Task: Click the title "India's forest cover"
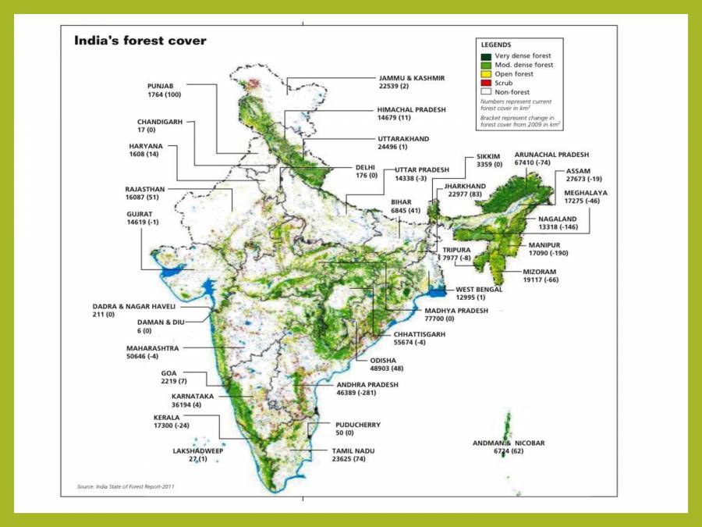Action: coord(140,40)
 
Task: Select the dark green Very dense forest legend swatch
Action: coord(486,55)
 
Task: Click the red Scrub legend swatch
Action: coord(486,83)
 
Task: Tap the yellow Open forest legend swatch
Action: coord(486,73)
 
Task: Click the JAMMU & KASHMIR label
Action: coord(411,79)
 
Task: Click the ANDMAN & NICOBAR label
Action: coord(509,443)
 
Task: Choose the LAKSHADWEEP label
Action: coord(198,450)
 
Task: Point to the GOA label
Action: coord(168,373)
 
